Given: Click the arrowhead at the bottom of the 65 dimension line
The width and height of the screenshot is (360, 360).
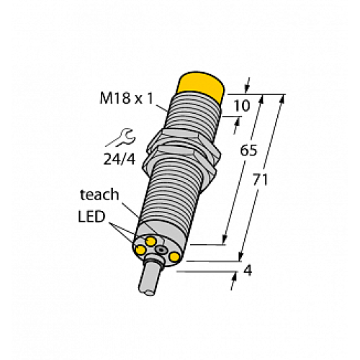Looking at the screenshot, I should [225, 239].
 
